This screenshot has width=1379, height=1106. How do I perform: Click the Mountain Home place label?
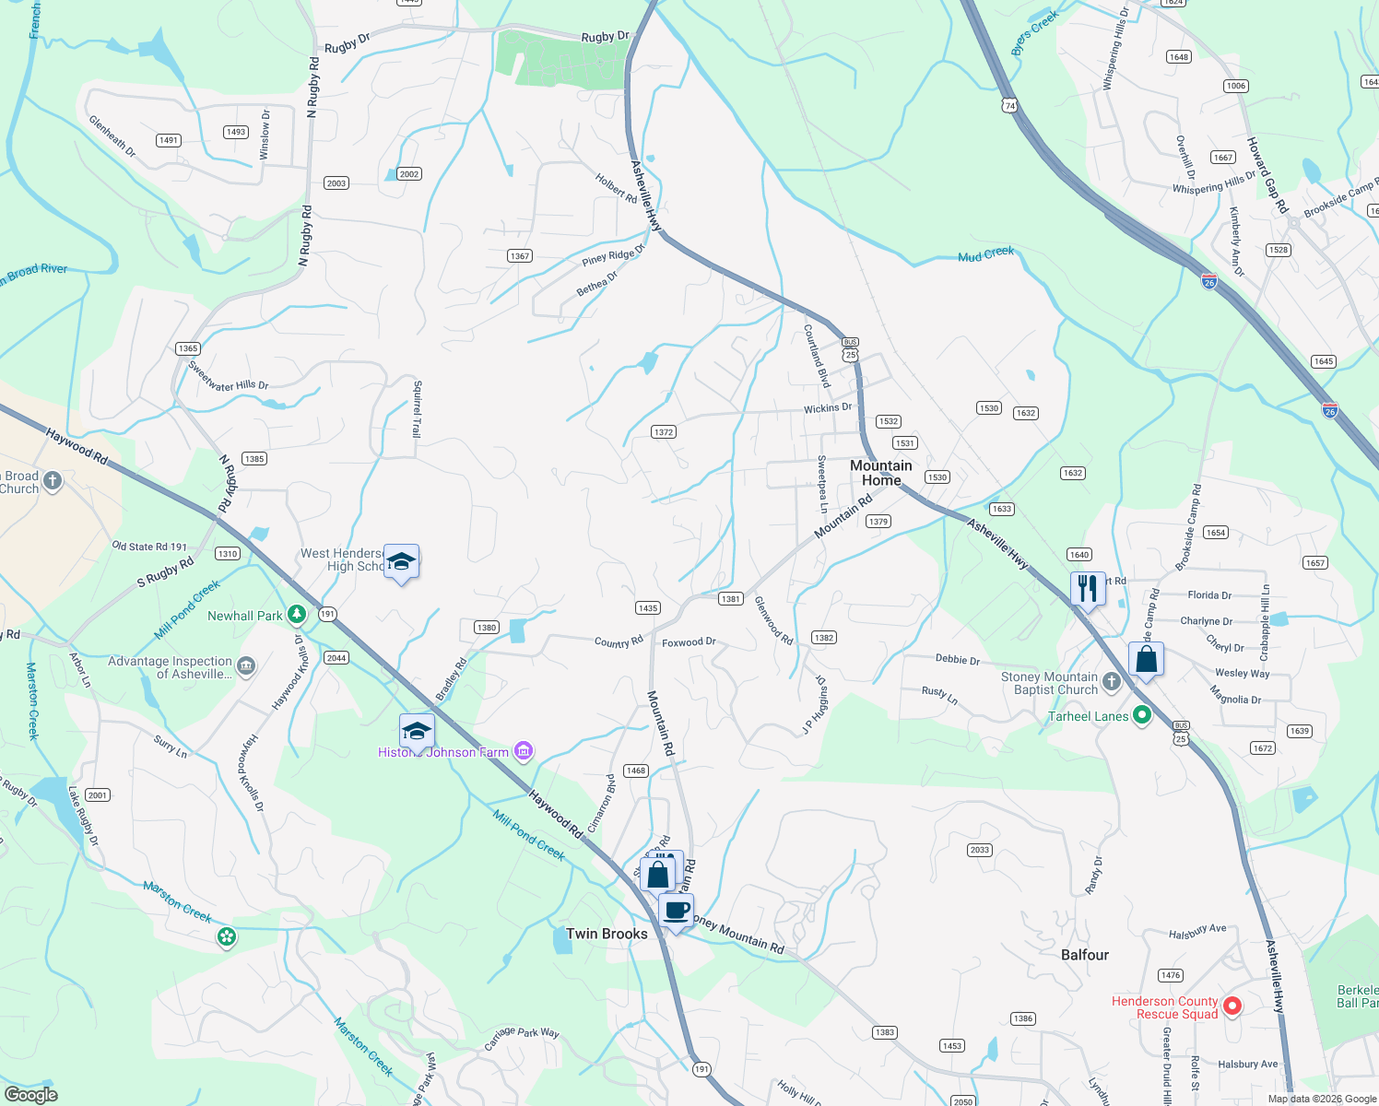pyautogui.click(x=880, y=473)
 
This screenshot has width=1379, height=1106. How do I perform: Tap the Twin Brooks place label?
pyautogui.click(x=607, y=934)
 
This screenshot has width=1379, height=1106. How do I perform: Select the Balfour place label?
pyautogui.click(x=1084, y=955)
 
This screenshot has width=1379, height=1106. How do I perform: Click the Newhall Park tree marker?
pyautogui.click(x=297, y=614)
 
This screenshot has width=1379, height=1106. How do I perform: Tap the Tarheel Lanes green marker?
pyautogui.click(x=1142, y=715)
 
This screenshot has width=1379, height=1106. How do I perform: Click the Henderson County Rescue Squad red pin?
pyautogui.click(x=1232, y=1006)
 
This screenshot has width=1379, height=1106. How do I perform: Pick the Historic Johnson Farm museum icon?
pyautogui.click(x=524, y=752)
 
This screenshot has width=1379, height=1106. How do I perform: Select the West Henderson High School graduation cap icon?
pyautogui.click(x=401, y=561)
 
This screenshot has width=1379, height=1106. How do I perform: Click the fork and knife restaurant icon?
pyautogui.click(x=1088, y=587)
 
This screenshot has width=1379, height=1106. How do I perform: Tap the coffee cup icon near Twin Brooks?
pyautogui.click(x=677, y=911)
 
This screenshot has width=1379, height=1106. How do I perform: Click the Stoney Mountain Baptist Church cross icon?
pyautogui.click(x=1112, y=682)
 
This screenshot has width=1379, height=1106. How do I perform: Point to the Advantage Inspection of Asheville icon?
pyautogui.click(x=246, y=666)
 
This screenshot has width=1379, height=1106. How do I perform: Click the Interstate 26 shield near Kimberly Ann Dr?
pyautogui.click(x=1208, y=281)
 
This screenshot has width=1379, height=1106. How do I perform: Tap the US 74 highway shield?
pyautogui.click(x=1010, y=106)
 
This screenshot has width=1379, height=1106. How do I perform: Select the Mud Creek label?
pyautogui.click(x=985, y=253)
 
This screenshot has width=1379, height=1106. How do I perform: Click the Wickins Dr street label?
pyautogui.click(x=828, y=407)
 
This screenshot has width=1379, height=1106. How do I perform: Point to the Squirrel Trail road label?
pyautogui.click(x=418, y=408)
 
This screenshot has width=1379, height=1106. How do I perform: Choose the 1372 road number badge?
pyautogui.click(x=664, y=432)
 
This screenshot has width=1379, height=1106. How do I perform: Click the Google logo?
pyautogui.click(x=31, y=1095)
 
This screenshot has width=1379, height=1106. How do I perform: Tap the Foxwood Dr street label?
pyautogui.click(x=689, y=642)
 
